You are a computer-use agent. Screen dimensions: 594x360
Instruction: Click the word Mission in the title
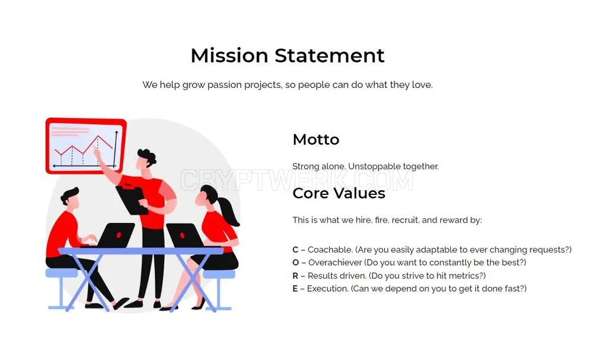click(229, 56)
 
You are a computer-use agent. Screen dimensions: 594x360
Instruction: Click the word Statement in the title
click(330, 56)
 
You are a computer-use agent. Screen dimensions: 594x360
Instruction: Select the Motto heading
click(316, 140)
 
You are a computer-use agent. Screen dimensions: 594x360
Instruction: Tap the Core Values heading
click(339, 193)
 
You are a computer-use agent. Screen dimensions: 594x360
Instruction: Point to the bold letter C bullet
click(295, 250)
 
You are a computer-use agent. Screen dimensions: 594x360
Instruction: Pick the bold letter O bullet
click(296, 263)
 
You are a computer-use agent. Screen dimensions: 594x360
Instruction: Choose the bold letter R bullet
click(295, 276)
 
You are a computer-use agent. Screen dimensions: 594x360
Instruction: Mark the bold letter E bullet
click(295, 289)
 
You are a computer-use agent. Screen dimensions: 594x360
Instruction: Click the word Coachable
click(330, 250)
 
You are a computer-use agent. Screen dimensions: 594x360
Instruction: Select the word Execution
click(328, 289)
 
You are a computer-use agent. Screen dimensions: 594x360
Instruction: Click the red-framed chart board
click(86, 146)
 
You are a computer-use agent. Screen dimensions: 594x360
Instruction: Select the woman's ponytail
click(229, 211)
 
